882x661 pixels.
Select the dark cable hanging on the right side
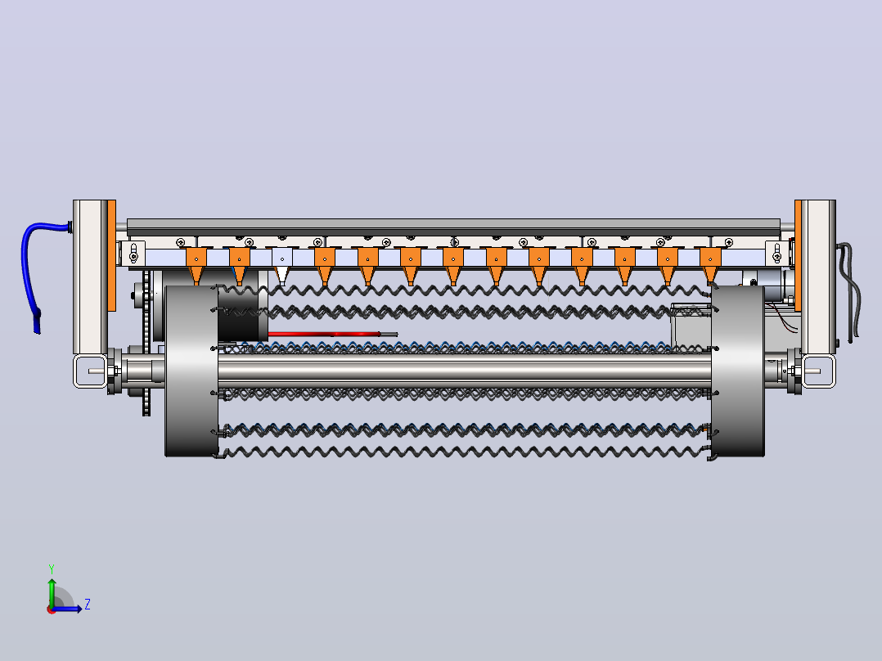click(x=849, y=293)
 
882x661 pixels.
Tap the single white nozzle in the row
click(x=281, y=266)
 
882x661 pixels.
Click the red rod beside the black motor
click(x=332, y=334)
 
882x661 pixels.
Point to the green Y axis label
click(x=52, y=569)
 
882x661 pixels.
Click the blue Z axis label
click(x=88, y=605)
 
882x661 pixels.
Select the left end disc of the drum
click(x=191, y=371)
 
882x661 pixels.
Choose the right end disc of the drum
click(x=737, y=371)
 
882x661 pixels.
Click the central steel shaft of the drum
click(x=465, y=370)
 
